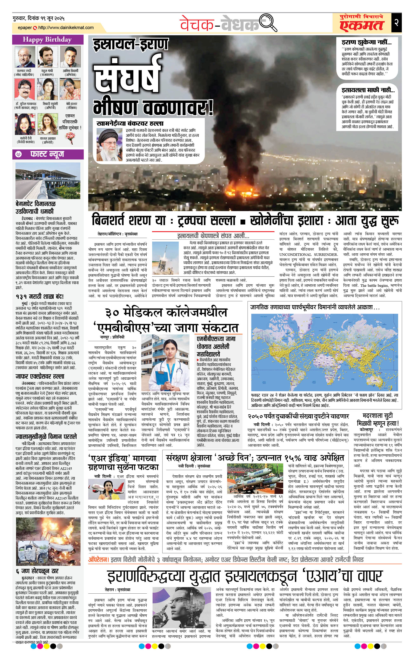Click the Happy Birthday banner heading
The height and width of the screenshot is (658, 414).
tap(47, 40)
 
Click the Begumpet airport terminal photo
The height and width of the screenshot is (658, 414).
tap(48, 181)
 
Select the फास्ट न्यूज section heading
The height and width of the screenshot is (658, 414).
tap(47, 154)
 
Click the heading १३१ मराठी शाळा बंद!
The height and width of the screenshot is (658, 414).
tap(40, 297)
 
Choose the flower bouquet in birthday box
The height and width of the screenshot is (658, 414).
tap(70, 137)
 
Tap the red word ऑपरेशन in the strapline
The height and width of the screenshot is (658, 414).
tap(99, 559)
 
